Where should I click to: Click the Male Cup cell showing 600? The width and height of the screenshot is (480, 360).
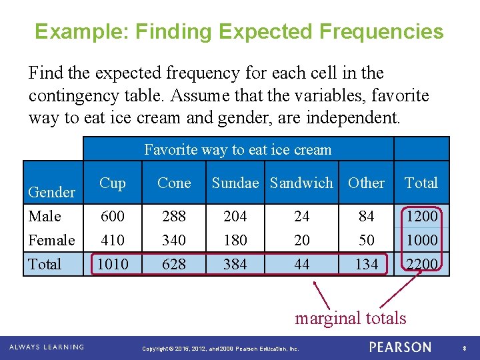point(113,216)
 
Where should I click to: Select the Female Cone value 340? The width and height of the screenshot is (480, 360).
point(174,239)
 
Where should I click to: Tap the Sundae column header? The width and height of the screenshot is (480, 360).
point(238,183)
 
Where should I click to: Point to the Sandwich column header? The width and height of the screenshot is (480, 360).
point(301,183)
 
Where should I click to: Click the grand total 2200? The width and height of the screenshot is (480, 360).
point(421,264)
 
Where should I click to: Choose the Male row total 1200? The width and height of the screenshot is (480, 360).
point(421,216)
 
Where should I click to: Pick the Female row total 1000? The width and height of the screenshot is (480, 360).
point(421,239)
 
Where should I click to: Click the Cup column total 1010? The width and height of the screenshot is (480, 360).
point(113,264)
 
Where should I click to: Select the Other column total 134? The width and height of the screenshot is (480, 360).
point(366,264)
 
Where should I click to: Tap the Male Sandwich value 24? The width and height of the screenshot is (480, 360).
point(301,216)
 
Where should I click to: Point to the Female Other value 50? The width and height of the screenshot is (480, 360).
point(366,239)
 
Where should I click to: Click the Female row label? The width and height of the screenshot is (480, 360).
point(51,239)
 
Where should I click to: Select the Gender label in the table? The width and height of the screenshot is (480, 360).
point(51,192)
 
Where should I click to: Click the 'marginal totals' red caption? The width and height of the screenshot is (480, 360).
point(350,318)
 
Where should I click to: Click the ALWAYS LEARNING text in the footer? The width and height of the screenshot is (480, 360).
point(47,347)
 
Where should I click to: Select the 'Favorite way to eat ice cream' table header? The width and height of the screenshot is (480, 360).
point(237,149)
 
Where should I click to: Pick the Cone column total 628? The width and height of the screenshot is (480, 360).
point(174,264)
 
